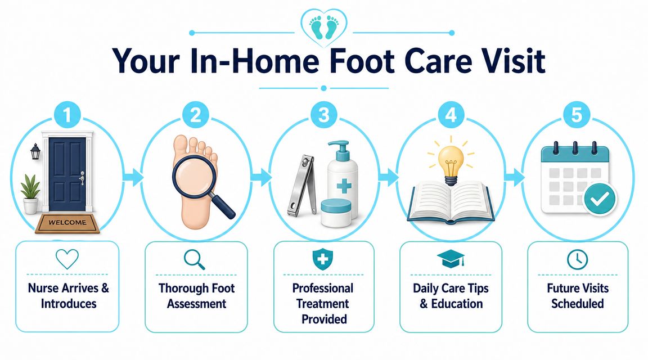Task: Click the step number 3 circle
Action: pos(323,115)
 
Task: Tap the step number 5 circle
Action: pos(577,115)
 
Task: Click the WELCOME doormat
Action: pos(67,223)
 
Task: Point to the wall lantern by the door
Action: pos(35,151)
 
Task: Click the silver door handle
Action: pos(82,178)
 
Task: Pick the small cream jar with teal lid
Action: pos(336,213)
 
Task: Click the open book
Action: pos(451,202)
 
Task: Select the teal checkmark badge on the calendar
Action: pos(600,199)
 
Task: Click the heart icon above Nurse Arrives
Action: pos(67,259)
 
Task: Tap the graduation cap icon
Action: pos(451,258)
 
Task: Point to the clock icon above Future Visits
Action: pos(577,259)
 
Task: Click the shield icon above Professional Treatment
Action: pos(322,259)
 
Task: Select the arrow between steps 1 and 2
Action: pos(133,177)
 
